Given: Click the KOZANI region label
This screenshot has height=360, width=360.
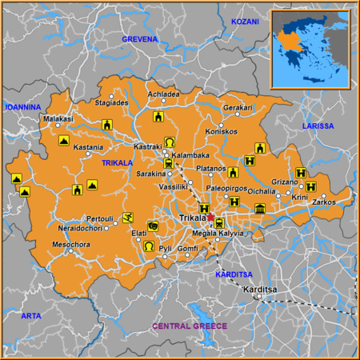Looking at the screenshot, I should click(245, 22).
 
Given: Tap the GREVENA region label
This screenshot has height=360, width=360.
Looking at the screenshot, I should click(141, 38).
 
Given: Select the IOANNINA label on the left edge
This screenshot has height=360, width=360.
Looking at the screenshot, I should click(22, 106).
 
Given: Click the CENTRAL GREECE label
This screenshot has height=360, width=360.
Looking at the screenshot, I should click(190, 326).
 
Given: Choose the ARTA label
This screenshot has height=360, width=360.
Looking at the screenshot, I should click(30, 316).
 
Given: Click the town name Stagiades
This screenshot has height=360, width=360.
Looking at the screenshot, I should click(111, 102).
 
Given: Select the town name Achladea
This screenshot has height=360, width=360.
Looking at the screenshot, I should click(164, 93).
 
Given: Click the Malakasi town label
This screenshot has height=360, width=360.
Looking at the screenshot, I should click(58, 119).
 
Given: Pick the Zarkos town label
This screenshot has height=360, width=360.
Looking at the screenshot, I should click(323, 202).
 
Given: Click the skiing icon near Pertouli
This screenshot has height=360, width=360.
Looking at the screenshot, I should click(128, 217).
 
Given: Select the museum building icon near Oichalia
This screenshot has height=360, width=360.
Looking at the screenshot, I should click(259, 209).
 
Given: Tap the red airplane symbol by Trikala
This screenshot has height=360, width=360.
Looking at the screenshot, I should click(210, 216).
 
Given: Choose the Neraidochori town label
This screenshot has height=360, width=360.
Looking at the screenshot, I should click(82, 227).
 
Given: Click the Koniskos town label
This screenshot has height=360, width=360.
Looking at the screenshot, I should click(222, 131).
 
